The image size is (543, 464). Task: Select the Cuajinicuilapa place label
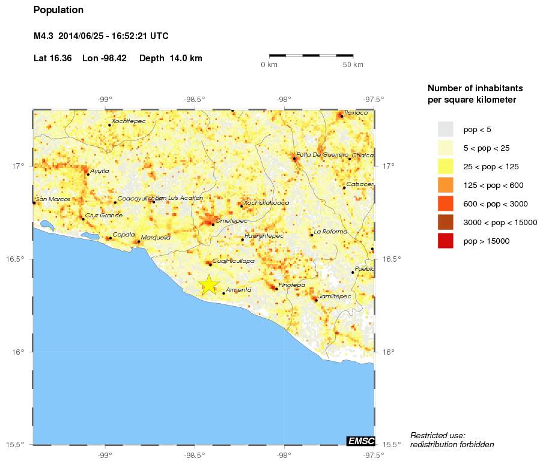click(x=234, y=261)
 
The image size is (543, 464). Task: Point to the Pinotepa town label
click(x=292, y=285)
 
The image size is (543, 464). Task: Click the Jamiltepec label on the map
click(x=335, y=296)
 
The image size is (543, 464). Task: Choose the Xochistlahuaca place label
click(x=266, y=203)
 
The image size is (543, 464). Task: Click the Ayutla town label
click(x=100, y=171)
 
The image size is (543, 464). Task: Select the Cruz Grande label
click(x=103, y=215)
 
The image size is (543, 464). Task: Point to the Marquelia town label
click(x=156, y=238)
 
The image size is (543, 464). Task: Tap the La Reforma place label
click(x=330, y=232)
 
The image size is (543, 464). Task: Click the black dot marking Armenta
click(x=223, y=293)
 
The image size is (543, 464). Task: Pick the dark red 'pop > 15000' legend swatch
click(x=445, y=241)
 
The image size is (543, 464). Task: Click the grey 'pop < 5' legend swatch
click(x=445, y=129)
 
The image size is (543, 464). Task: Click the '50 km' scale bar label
click(x=353, y=65)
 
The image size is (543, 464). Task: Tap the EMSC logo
click(x=361, y=441)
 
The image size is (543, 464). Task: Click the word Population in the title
click(x=58, y=10)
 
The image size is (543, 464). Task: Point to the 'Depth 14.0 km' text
click(x=171, y=58)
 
